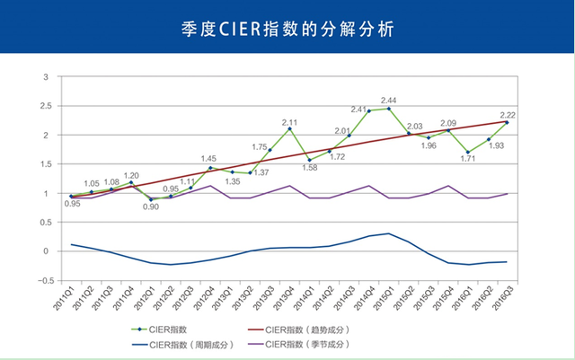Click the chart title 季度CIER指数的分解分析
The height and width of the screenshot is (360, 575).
click(x=287, y=29)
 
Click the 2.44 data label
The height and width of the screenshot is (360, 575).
click(x=388, y=101)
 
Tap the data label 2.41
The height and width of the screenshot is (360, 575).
click(x=358, y=110)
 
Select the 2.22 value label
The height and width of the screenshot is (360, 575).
click(x=508, y=115)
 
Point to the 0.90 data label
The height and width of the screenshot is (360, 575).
click(x=151, y=206)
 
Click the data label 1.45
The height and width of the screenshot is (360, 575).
click(x=208, y=159)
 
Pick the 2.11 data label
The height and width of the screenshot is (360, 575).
click(x=289, y=123)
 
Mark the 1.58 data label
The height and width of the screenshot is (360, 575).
click(x=309, y=168)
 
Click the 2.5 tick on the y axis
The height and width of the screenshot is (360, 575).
click(x=46, y=106)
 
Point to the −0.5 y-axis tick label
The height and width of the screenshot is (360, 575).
click(x=46, y=281)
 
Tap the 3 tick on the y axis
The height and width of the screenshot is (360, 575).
click(x=46, y=77)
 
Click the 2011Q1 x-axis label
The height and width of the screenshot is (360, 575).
click(x=64, y=298)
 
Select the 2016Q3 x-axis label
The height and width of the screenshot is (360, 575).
click(x=502, y=298)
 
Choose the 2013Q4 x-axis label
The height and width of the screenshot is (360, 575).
click(x=283, y=298)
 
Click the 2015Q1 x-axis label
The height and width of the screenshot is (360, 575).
click(x=384, y=298)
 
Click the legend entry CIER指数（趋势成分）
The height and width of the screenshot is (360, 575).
click(x=299, y=330)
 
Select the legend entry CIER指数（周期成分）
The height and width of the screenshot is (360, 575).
click(x=182, y=345)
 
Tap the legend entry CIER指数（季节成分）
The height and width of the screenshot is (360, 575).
click(x=299, y=345)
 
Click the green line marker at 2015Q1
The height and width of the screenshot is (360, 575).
click(x=389, y=109)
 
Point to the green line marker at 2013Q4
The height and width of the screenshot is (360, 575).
click(x=289, y=128)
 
